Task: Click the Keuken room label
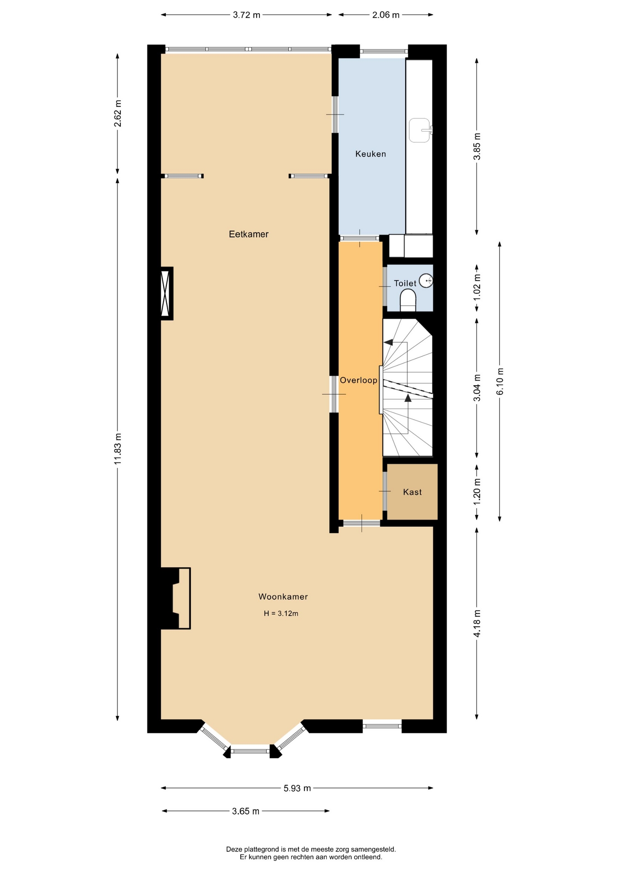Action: tap(370, 154)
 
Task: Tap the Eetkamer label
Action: tap(249, 234)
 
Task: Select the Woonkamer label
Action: tap(283, 597)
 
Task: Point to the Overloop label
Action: tap(358, 380)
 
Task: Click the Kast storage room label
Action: tap(412, 492)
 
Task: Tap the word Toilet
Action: tap(405, 283)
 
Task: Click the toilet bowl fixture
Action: tap(408, 301)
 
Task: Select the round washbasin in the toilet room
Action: tap(426, 281)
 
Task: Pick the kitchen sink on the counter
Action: tap(420, 130)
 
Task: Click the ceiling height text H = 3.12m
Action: tap(281, 614)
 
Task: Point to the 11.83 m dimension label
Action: tap(118, 448)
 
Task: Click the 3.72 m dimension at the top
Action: tap(247, 15)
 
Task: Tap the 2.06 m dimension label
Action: tap(386, 15)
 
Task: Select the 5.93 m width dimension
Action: tap(297, 788)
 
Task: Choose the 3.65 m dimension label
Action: tap(245, 811)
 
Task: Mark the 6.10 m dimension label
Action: tap(500, 381)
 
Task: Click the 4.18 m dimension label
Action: tap(477, 624)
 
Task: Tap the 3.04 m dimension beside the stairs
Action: tap(477, 388)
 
